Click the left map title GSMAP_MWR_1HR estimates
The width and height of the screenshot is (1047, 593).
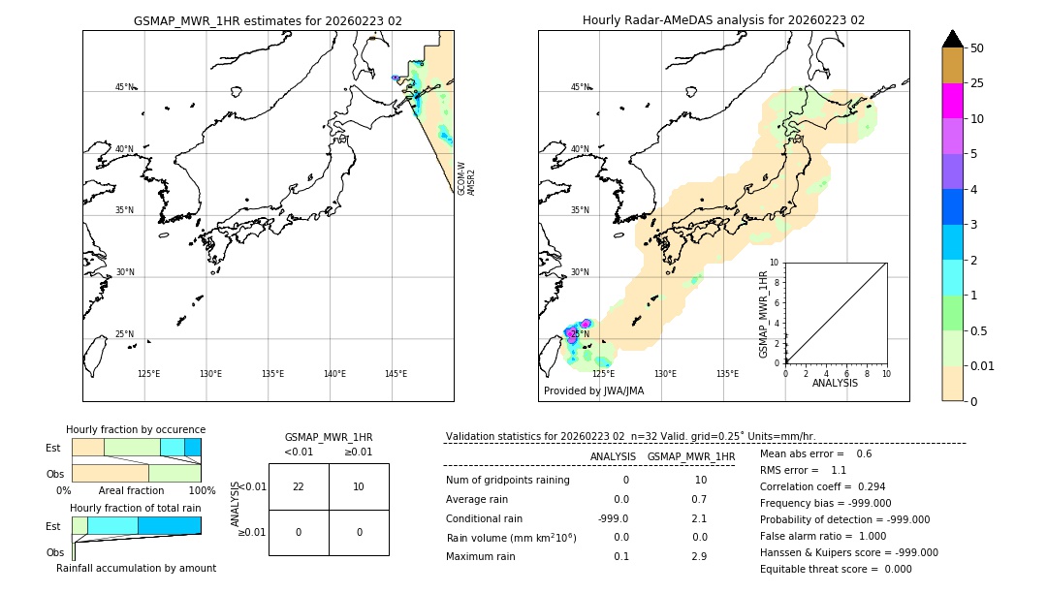pos(268,20)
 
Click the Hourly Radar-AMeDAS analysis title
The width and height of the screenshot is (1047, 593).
pos(723,20)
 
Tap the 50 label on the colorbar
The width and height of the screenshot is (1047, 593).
pos(977,48)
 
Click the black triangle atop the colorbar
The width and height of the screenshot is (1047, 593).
pos(952,39)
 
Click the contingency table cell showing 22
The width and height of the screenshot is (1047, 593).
pos(299,486)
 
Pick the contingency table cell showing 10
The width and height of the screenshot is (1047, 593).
pos(359,486)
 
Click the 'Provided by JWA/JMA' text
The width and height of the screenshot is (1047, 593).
pos(593,390)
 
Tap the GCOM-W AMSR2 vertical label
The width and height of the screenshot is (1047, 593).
pos(466,178)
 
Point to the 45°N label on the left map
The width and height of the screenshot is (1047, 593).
pos(125,87)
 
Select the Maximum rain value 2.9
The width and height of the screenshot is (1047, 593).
pos(699,556)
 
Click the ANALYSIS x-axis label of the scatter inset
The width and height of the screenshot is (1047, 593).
pos(835,383)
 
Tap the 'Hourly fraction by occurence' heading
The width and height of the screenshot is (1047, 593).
pos(136,429)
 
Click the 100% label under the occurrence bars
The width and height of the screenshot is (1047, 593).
pos(201,490)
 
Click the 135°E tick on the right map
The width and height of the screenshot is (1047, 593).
pos(727,374)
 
